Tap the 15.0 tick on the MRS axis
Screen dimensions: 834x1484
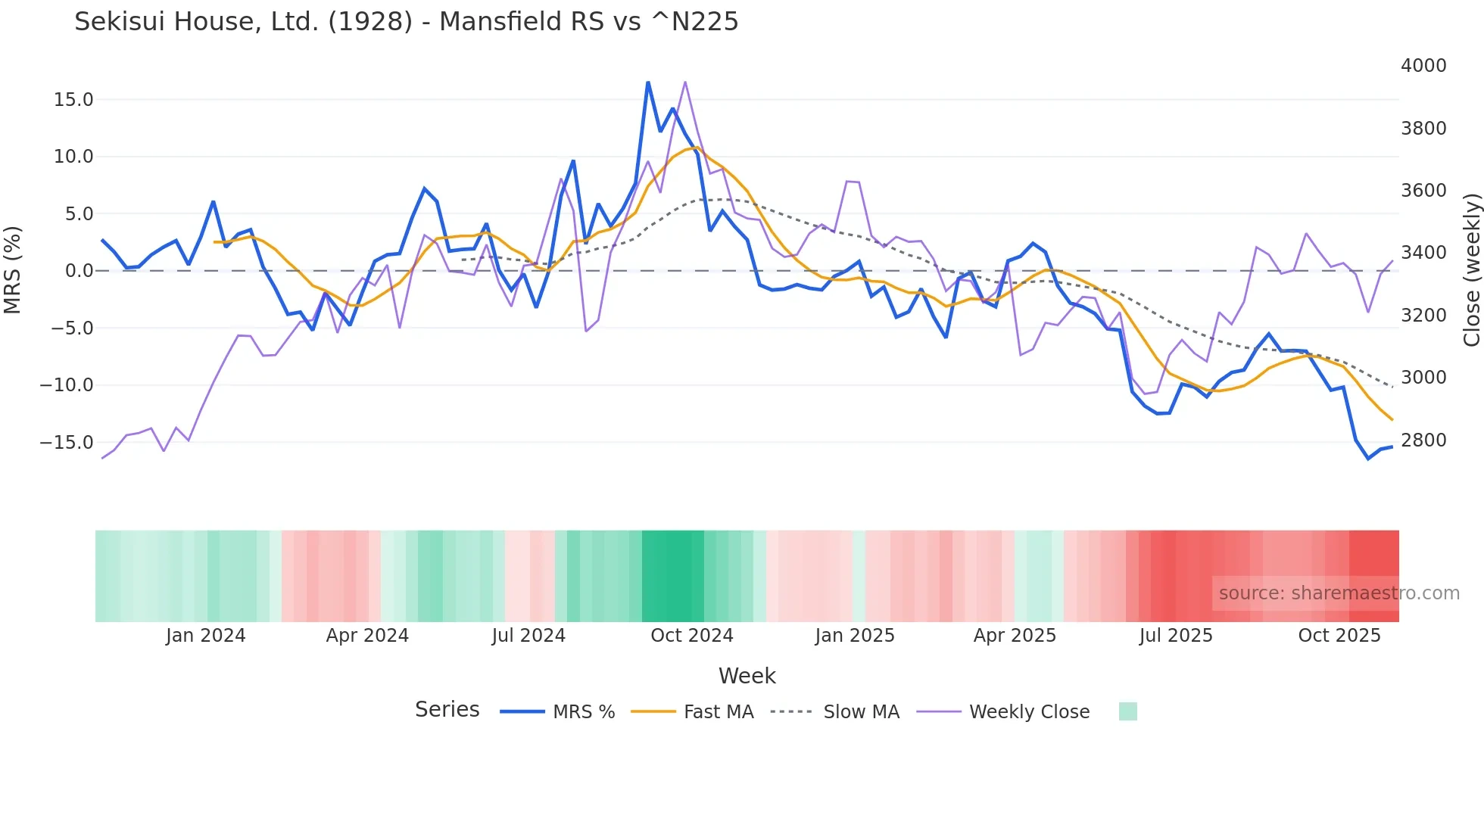pos(73,100)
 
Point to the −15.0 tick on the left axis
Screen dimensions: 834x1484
pos(67,442)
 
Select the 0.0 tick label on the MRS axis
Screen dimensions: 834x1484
pos(79,271)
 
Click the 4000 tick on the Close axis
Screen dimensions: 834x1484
pos(1423,66)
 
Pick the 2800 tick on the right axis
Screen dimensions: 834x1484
pos(1423,440)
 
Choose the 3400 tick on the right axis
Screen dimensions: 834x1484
pos(1423,253)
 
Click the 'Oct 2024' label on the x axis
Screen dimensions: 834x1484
pos(692,636)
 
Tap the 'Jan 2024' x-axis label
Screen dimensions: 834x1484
pos(206,636)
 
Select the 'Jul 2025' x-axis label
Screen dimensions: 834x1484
pos(1176,636)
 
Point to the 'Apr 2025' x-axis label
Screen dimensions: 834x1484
pos(1015,636)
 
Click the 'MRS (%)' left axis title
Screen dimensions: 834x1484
pos(13,270)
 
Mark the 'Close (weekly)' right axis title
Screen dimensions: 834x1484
pos(1471,270)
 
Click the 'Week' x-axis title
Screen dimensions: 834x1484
pos(747,676)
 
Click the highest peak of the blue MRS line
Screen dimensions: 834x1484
pos(648,82)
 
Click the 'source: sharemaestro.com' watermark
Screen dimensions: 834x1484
pos(1339,593)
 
